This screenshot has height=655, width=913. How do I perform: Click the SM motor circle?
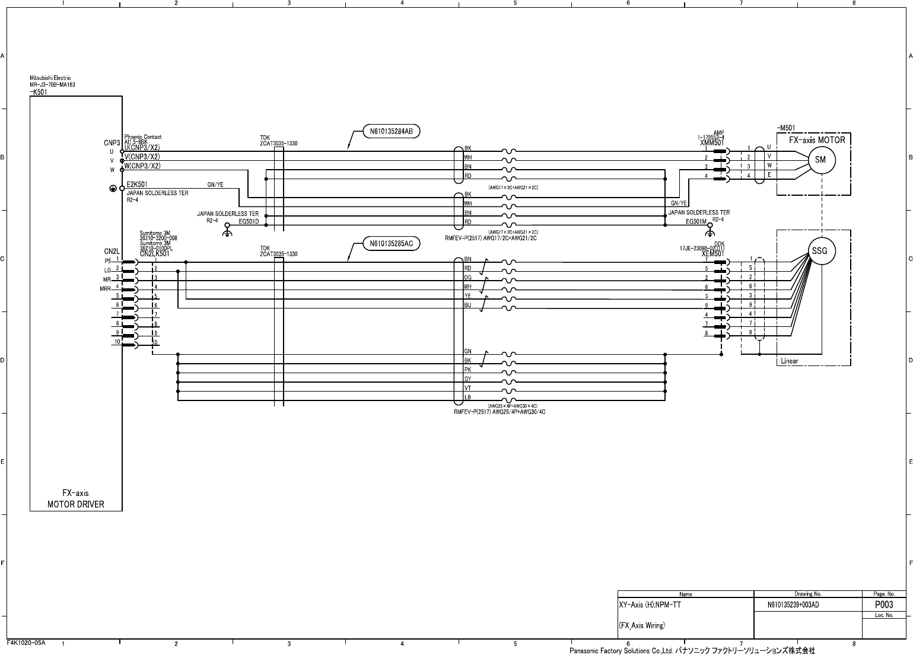point(820,160)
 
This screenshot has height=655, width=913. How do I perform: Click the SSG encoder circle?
point(819,251)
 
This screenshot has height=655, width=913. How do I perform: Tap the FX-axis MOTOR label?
point(816,141)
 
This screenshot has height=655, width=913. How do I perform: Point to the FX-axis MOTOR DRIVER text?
point(76,498)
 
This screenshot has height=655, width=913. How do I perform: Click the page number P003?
point(884,605)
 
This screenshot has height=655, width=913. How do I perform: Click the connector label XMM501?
point(712,143)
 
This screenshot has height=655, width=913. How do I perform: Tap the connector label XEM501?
point(713,254)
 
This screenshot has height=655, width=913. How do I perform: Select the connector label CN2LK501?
point(155,254)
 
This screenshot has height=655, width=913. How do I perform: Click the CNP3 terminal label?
point(112,143)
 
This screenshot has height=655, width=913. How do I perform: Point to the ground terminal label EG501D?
point(249,221)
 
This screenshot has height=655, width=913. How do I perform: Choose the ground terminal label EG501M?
point(696,221)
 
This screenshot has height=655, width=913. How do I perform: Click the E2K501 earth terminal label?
point(137,185)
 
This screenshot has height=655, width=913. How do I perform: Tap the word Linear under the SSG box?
point(790,361)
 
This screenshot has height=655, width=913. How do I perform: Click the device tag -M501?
point(785,128)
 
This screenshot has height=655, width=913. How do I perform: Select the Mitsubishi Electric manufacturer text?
point(50,78)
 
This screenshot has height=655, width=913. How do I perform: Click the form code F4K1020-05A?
point(26,643)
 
